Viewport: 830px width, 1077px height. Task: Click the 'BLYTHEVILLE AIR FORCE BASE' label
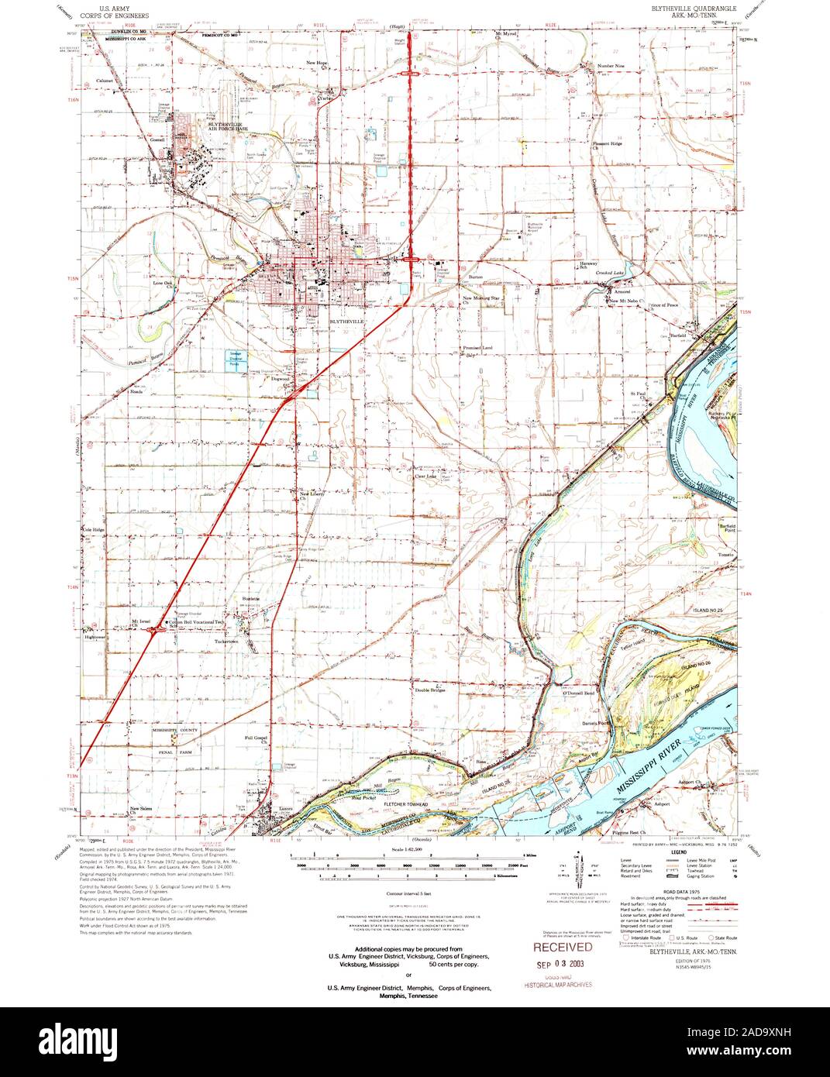tap(224, 125)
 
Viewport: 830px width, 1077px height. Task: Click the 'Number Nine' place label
tap(610, 66)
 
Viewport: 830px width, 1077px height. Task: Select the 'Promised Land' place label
tap(478, 348)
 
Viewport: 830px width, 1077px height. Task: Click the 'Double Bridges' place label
tap(429, 690)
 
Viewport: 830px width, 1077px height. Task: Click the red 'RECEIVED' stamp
tap(562, 947)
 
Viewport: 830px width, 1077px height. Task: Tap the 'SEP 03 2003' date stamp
tap(562, 964)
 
